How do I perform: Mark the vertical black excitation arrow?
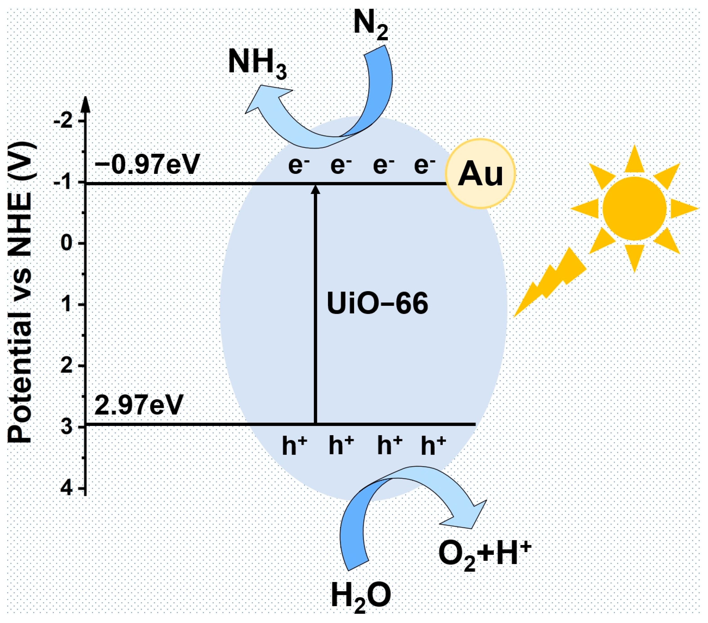315,305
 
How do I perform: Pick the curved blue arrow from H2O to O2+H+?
398,498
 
